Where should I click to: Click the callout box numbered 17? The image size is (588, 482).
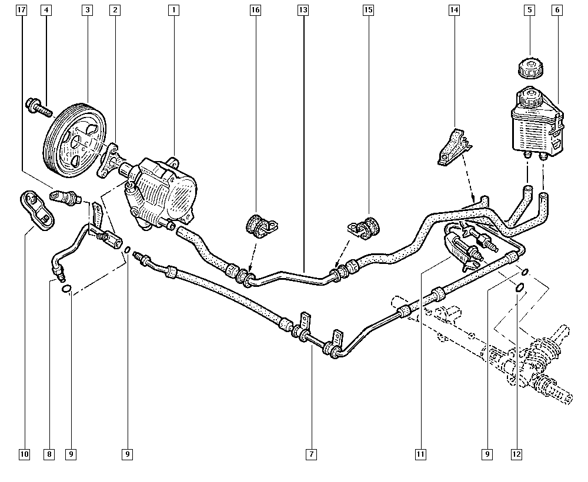coord(22,10)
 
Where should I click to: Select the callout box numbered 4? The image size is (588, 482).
coord(46,10)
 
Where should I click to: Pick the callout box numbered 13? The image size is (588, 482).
coord(303,10)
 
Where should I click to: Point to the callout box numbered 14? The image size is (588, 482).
coord(454,10)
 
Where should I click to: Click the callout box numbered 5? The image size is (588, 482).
coord(530,10)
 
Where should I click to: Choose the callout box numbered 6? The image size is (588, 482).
coord(557,10)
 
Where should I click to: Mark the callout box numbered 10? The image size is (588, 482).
coord(24,454)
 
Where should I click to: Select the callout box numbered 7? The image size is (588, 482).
coord(311,454)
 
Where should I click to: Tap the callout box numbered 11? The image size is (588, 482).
coord(420,454)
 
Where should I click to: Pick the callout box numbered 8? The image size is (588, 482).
coord(49,454)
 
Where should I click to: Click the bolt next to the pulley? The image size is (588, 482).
coord(39,108)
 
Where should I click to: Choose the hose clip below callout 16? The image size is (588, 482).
coord(259,225)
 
